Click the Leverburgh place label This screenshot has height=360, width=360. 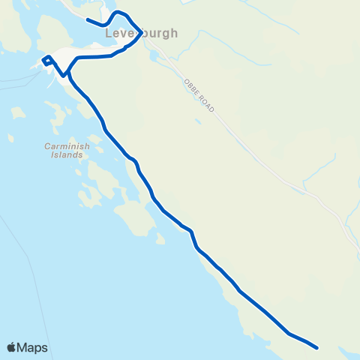[142, 33]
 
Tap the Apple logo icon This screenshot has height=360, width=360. [11, 347]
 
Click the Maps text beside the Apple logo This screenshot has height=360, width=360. [33, 348]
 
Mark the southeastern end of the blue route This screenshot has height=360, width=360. [318, 348]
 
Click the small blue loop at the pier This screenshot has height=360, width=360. [46, 60]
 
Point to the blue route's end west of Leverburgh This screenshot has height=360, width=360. [88, 19]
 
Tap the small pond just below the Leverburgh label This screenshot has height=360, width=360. [153, 54]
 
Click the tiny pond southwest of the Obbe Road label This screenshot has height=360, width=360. [197, 121]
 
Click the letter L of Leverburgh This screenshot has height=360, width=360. [109, 33]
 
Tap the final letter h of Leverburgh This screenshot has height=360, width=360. [175, 33]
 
